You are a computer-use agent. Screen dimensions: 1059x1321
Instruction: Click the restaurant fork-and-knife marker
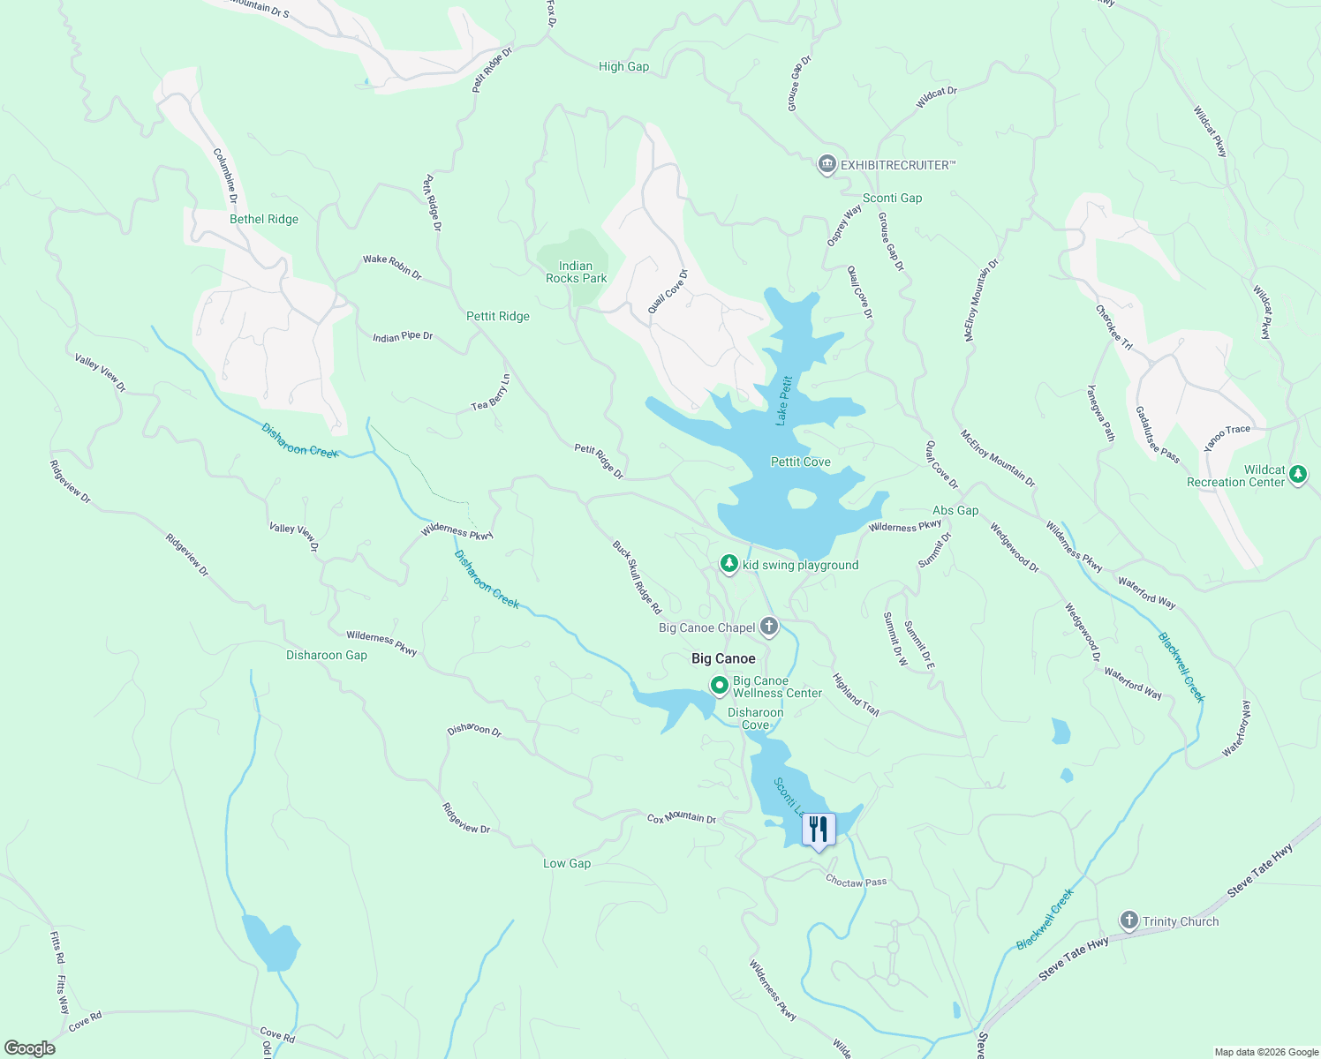[819, 830]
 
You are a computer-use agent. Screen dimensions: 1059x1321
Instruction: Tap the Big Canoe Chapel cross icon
[768, 627]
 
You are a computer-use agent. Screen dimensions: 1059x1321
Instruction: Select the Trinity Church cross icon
[1129, 920]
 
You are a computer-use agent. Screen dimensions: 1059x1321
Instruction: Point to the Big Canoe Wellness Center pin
[720, 685]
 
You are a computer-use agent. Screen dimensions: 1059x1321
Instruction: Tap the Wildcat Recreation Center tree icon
[1297, 475]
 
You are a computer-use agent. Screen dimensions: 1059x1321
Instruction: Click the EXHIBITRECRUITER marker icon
[827, 164]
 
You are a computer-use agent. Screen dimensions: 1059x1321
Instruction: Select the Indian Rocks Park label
[576, 272]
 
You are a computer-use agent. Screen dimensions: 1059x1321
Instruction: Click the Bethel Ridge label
[264, 219]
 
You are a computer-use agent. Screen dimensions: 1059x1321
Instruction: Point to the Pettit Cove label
[800, 462]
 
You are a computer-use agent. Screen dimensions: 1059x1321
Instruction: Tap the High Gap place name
[623, 66]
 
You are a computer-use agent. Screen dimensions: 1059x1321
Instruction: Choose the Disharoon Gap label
[327, 655]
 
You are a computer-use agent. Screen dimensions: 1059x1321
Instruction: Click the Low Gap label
[567, 863]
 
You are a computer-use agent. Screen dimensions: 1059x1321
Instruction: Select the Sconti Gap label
[892, 198]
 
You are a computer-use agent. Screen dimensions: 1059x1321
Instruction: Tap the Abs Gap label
[955, 510]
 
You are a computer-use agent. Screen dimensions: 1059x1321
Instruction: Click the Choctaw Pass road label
[856, 881]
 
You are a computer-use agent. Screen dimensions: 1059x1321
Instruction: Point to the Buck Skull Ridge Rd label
[637, 577]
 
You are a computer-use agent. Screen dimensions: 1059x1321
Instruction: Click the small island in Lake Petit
[801, 499]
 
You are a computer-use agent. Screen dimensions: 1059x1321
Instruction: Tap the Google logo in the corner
[30, 1048]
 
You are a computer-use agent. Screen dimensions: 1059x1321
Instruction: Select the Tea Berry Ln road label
[491, 393]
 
